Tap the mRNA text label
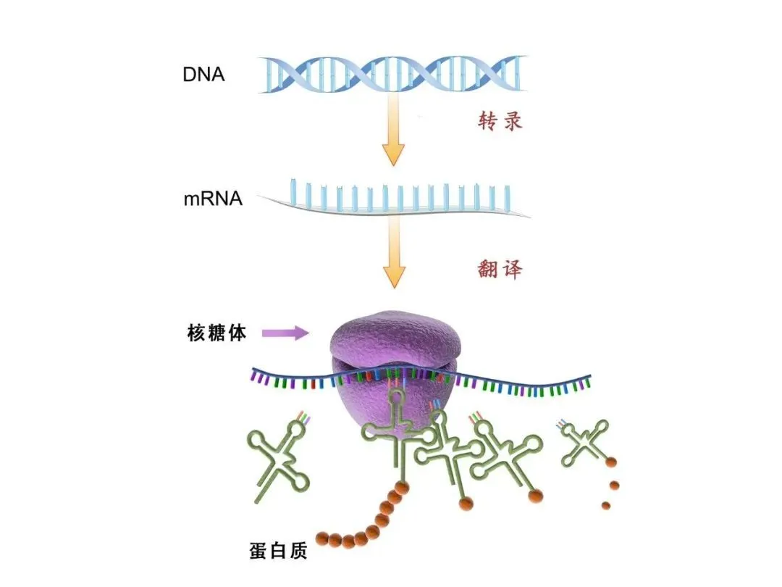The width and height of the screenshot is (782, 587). point(212,198)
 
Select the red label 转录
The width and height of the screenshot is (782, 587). point(500,120)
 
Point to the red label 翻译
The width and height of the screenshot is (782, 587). point(500,270)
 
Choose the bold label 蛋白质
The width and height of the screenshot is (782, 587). point(277,552)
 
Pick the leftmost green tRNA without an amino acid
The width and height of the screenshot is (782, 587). point(278,460)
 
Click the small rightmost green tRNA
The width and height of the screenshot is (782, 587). point(583,442)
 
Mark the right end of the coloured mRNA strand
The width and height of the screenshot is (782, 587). point(588,378)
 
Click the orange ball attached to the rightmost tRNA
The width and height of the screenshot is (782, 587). point(612,462)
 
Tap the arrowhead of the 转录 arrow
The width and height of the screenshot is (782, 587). point(393,153)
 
